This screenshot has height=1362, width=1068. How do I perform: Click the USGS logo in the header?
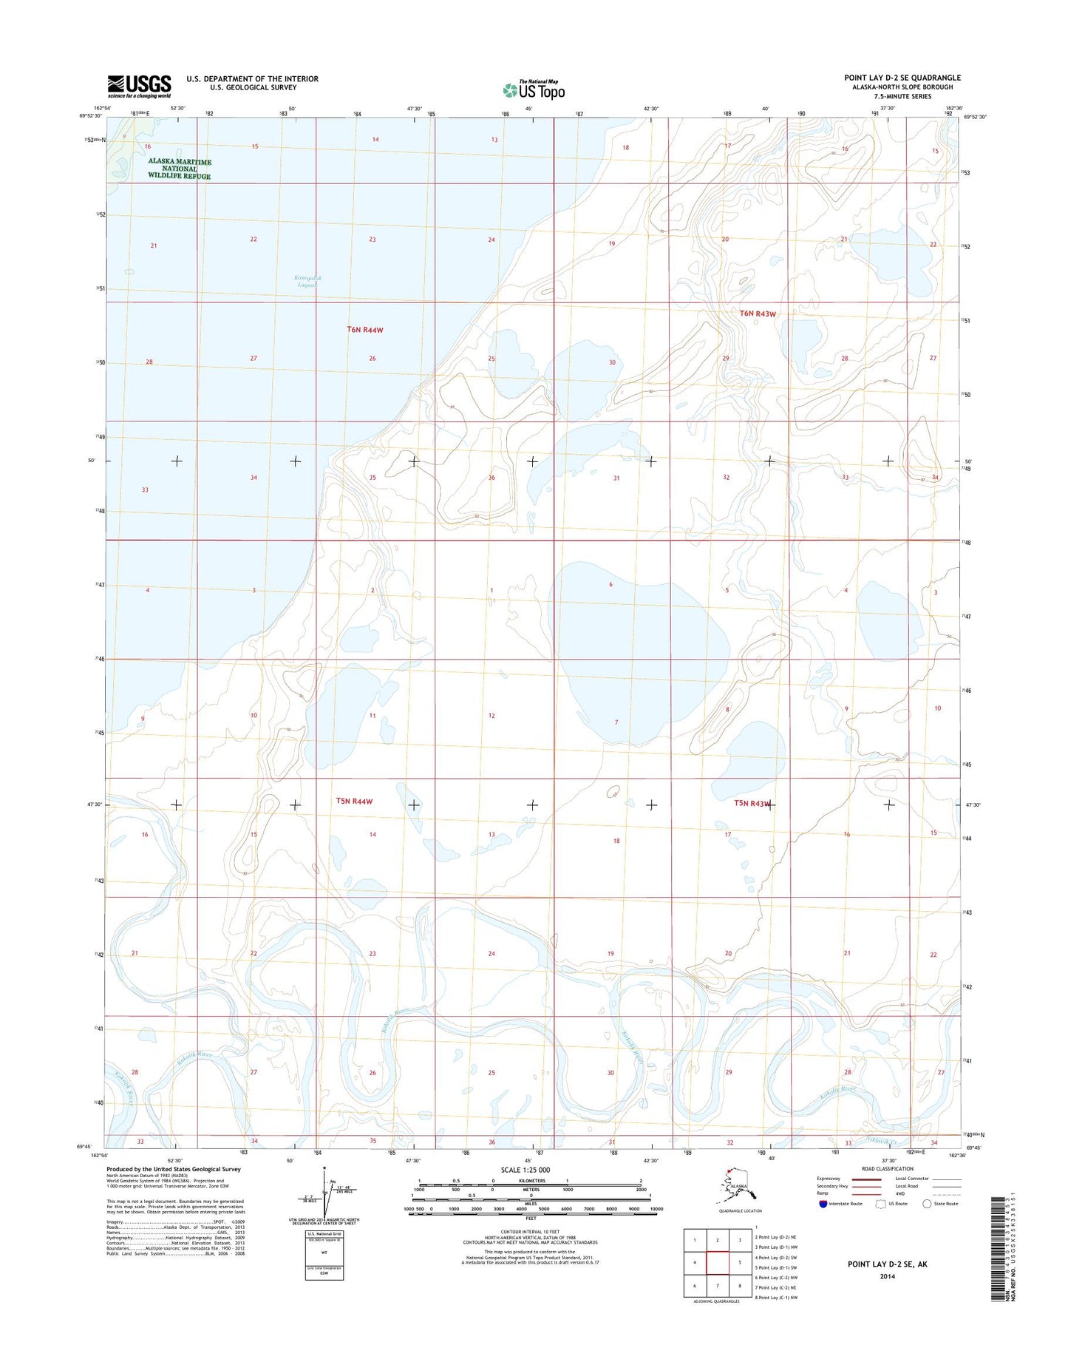tap(139, 86)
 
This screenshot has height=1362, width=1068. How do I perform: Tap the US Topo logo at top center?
tap(534, 89)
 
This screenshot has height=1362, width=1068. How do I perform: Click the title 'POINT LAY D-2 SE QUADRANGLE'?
tap(902, 78)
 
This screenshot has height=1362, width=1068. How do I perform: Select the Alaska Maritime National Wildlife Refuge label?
tap(180, 169)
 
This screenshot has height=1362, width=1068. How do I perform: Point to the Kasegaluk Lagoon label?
tap(308, 281)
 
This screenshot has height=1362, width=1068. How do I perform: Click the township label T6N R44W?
tap(365, 330)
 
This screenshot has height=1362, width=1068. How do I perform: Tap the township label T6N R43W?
tap(758, 314)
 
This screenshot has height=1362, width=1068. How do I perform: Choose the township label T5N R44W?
tap(355, 801)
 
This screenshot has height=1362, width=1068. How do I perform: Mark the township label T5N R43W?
tap(752, 804)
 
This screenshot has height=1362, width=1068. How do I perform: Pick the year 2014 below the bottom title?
tap(887, 1276)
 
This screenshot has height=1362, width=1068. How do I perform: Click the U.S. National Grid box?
tap(324, 1256)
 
